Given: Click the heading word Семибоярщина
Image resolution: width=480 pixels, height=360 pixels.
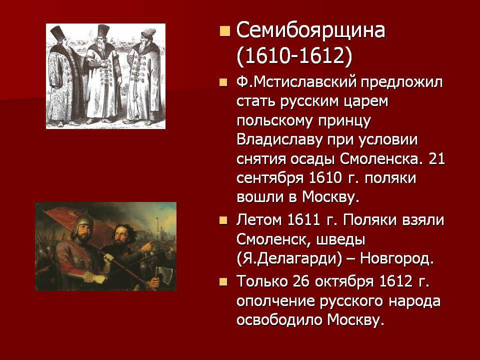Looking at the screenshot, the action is [x=310, y=31].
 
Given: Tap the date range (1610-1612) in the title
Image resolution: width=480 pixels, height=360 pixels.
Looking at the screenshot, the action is [x=294, y=56].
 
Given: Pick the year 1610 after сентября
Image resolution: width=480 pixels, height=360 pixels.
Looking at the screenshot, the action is [x=325, y=178].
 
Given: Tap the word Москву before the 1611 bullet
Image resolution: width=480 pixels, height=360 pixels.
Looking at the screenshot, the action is [x=330, y=197].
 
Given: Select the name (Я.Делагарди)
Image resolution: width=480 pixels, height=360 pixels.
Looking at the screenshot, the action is [x=289, y=259].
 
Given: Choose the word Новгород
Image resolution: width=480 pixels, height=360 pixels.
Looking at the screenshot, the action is [x=397, y=259].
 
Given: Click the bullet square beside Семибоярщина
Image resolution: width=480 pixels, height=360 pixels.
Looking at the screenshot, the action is [x=224, y=31].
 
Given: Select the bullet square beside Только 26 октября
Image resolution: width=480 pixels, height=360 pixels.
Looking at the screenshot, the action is [x=223, y=281].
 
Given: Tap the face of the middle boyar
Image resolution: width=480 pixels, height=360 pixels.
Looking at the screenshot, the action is [x=103, y=40].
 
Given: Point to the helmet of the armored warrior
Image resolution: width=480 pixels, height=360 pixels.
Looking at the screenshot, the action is [x=82, y=222].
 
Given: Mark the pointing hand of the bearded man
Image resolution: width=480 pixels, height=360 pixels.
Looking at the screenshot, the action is [x=148, y=246].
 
